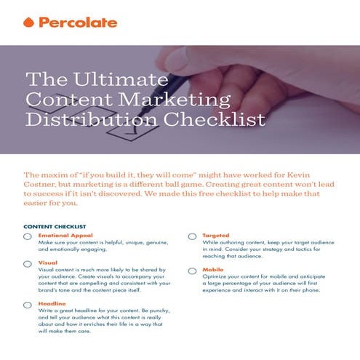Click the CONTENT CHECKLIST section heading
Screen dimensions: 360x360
(55, 226)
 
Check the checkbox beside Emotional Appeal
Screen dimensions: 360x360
(28, 237)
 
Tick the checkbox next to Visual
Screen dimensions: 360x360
(28, 265)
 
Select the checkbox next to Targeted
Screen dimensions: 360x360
(192, 237)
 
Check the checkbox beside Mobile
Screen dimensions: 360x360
(192, 271)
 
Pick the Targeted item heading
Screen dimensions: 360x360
(216, 236)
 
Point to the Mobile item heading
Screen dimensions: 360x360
(213, 269)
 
